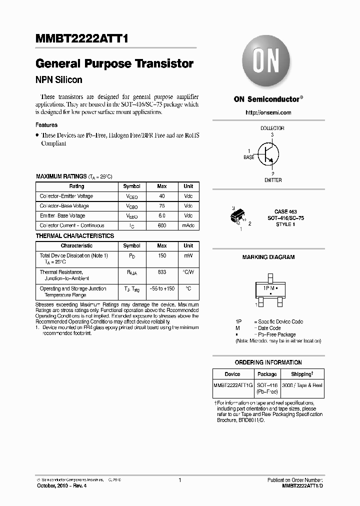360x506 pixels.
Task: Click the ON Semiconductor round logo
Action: tap(267, 63)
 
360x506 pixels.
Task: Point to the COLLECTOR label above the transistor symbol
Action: tap(272, 128)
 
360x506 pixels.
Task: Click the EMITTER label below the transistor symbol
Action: tap(273, 180)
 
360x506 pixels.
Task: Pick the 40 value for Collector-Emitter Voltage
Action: tap(161, 196)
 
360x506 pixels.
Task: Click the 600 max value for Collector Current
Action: tap(161, 226)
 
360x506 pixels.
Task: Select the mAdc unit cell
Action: tap(188, 226)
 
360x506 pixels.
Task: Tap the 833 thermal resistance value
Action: tap(161, 272)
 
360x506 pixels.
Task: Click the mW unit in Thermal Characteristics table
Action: tap(188, 255)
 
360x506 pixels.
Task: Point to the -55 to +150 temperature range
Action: tap(161, 289)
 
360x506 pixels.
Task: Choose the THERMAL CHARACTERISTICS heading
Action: tap(74, 236)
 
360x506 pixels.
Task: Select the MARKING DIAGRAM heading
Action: tap(268, 257)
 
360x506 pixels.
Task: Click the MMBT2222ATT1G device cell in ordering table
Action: tap(232, 385)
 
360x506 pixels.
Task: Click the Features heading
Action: tap(46, 125)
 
